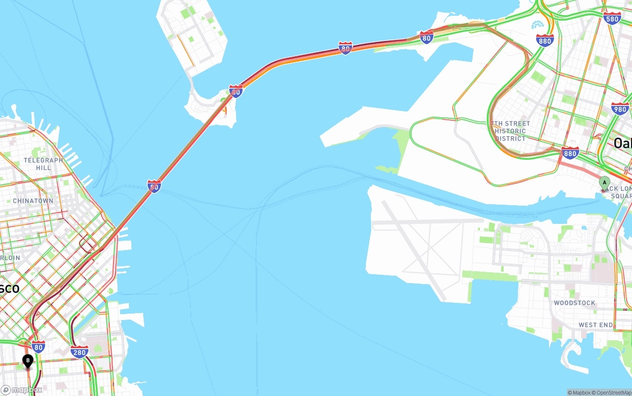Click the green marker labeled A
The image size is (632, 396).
click(x=604, y=183)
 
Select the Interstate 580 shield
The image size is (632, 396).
click(x=612, y=19)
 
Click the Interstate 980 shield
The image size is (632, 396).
click(x=620, y=109)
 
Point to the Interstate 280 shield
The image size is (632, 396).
click(x=79, y=352)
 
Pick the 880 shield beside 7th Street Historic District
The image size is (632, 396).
click(x=570, y=153)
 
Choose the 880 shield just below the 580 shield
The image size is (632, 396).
click(x=545, y=40)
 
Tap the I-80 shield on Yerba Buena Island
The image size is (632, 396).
click(x=236, y=91)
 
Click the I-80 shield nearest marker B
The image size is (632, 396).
click(x=38, y=346)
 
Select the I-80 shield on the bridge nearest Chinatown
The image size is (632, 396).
click(x=154, y=186)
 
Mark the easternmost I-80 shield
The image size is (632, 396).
click(x=427, y=36)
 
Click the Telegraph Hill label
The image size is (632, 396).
click(x=43, y=164)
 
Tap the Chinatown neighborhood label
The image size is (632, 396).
click(x=33, y=201)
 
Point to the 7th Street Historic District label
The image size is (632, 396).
click(x=511, y=131)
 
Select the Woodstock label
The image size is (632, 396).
click(x=574, y=303)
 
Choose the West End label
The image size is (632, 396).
click(x=595, y=325)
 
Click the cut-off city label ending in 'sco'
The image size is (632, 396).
click(x=9, y=288)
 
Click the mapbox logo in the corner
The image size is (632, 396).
click(x=22, y=390)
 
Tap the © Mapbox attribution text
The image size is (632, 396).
click(x=580, y=393)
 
